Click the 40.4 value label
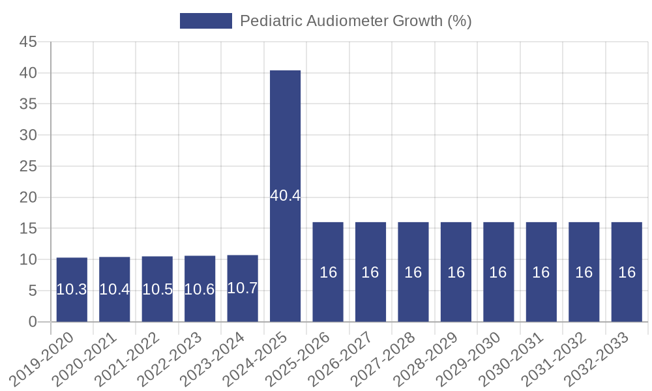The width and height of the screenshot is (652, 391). pos(286,195)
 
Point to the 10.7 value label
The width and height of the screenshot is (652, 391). pos(243,288)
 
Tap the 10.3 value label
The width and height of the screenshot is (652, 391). pos(72,290)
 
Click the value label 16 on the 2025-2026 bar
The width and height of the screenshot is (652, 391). pos(328,272)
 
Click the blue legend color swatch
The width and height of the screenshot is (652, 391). pos(205,21)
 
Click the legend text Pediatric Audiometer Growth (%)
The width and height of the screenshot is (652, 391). pos(355,21)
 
